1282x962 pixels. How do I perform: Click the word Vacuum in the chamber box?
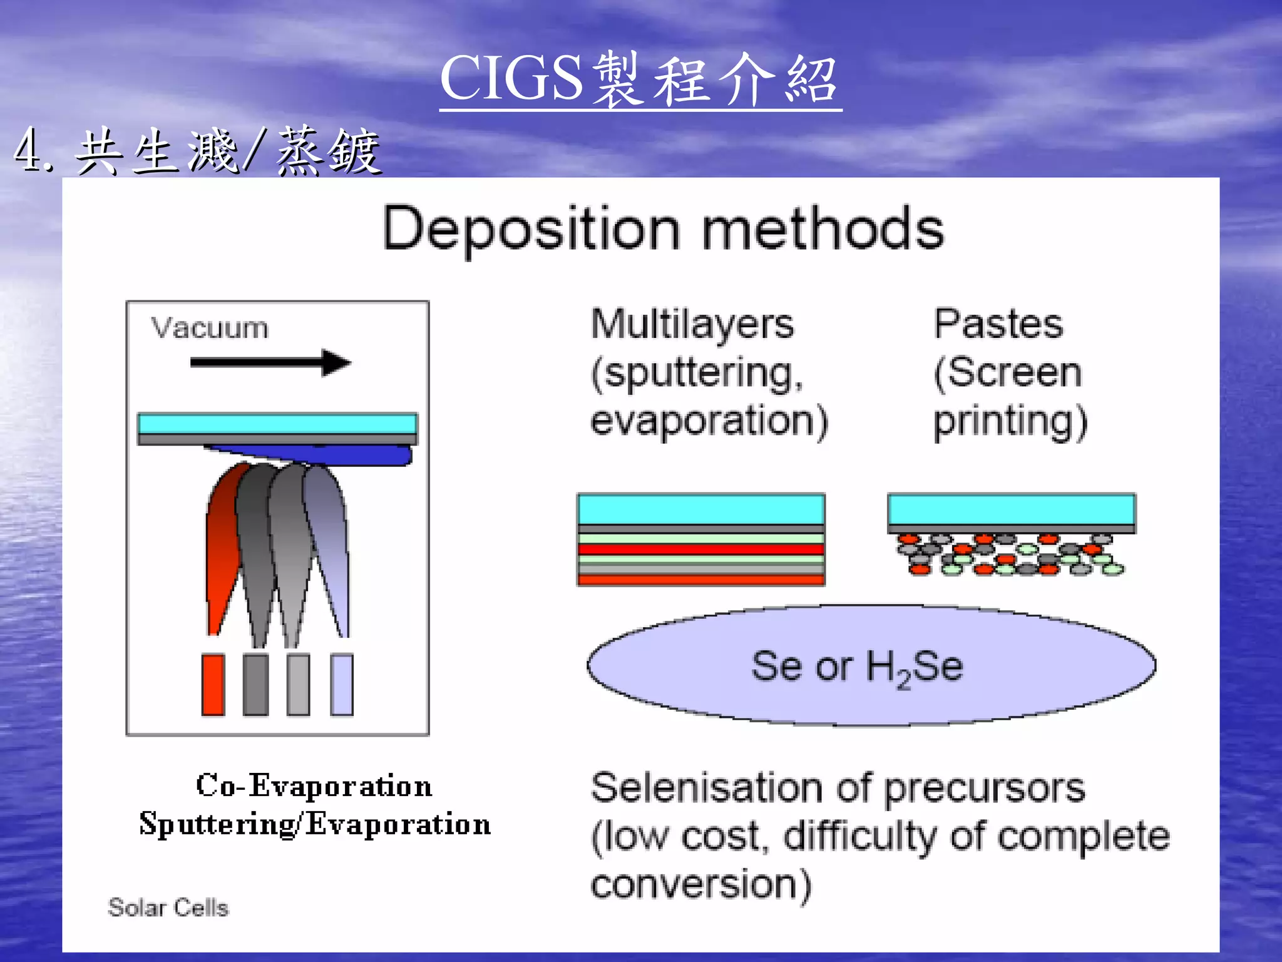point(210,328)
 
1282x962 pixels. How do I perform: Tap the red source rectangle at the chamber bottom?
point(213,684)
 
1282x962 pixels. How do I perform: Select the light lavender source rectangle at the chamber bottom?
point(342,684)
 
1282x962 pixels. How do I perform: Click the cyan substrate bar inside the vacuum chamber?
point(277,423)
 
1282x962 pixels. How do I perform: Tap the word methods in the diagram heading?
point(823,230)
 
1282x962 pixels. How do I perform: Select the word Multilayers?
point(692,325)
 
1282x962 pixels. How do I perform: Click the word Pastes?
point(998,324)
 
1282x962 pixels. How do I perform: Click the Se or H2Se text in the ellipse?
point(857,667)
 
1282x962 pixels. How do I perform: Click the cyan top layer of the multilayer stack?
point(700,509)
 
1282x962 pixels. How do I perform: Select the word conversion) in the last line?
point(701,884)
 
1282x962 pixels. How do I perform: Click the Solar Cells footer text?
point(168,908)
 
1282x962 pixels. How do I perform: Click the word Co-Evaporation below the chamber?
point(314,785)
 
